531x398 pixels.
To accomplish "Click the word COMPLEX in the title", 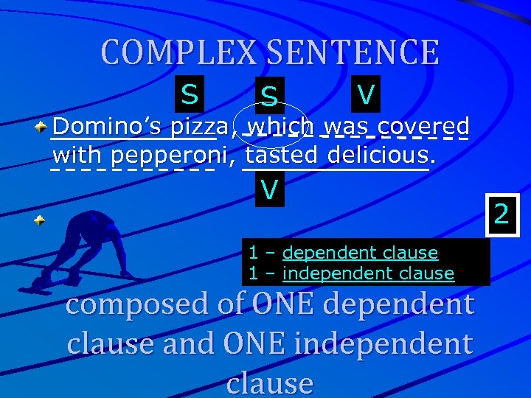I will click(179, 52).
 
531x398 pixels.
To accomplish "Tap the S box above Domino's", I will click(190, 94).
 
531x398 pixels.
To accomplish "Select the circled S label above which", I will click(269, 96).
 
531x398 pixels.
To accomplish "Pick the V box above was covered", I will click(365, 94).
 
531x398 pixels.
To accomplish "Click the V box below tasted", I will click(269, 190).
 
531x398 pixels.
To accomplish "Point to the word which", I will click(281, 126).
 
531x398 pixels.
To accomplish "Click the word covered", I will click(423, 126).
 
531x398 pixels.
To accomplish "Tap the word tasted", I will click(281, 156).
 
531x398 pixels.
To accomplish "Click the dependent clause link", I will click(360, 253).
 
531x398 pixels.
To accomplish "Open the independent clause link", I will click(368, 273).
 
